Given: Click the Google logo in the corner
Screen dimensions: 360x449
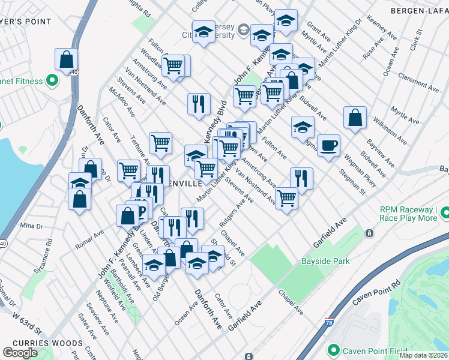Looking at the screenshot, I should click(x=20, y=353).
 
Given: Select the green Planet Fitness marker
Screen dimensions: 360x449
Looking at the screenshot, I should click(x=52, y=80).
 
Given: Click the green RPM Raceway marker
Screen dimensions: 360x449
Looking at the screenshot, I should click(x=445, y=213).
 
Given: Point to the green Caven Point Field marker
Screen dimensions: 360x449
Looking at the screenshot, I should click(x=333, y=350).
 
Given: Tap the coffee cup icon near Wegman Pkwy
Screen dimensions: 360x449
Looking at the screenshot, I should click(x=328, y=146).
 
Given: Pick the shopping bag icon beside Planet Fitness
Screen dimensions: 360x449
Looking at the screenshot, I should click(x=66, y=59).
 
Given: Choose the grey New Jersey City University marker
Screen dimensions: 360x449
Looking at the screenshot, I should click(x=243, y=29).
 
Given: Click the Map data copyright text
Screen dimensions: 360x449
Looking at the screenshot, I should click(x=423, y=355).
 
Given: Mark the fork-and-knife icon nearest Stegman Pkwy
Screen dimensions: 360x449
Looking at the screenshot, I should click(x=301, y=178).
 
